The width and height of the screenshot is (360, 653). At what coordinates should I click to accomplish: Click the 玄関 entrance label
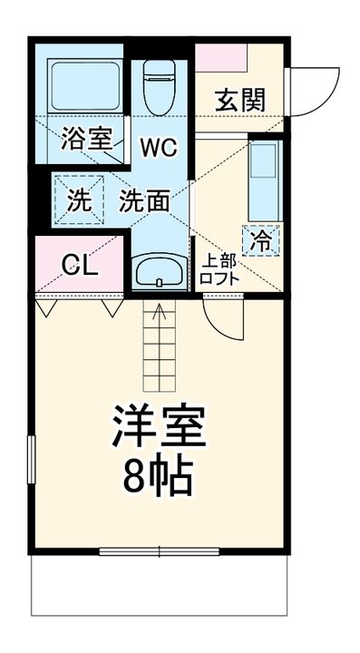pyautogui.click(x=239, y=100)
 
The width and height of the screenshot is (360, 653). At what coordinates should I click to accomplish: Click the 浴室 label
pyautogui.click(x=87, y=139)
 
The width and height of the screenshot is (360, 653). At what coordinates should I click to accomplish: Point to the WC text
pyautogui.click(x=158, y=145)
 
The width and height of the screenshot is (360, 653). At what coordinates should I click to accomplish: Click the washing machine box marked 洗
pyautogui.click(x=80, y=200)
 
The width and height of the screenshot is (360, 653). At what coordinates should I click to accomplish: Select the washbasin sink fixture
pyautogui.click(x=159, y=269)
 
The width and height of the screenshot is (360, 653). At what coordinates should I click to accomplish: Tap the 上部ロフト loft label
pyautogui.click(x=219, y=269)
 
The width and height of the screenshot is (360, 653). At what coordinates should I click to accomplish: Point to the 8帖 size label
pyautogui.click(x=159, y=477)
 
